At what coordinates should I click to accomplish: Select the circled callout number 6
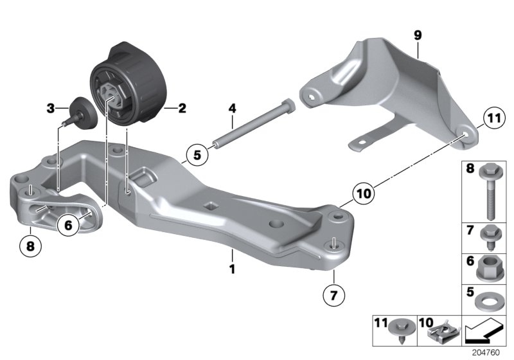point(68,224)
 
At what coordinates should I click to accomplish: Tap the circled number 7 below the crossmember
point(334,296)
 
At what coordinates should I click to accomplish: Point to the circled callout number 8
point(30,244)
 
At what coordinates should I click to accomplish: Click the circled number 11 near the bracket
point(492,119)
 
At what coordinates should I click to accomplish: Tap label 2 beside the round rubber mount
point(182,109)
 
